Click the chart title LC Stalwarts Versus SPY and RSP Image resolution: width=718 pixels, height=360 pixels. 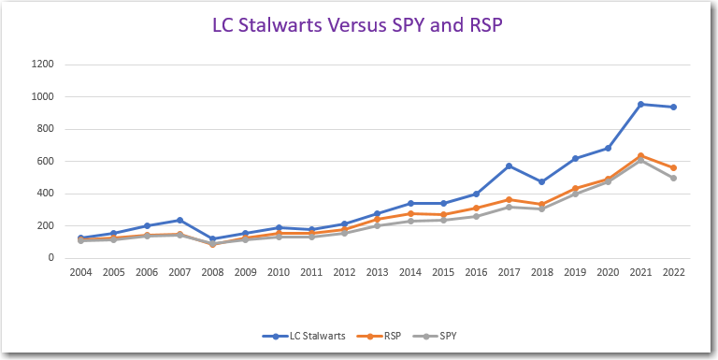358,25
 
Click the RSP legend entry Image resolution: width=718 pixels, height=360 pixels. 385,334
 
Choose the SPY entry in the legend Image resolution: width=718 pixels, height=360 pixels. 443,334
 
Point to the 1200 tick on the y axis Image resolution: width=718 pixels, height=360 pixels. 42,65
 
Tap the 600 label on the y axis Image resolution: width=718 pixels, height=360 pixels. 45,162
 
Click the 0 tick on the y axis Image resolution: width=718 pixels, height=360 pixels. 50,258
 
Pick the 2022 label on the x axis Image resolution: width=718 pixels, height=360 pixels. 672,273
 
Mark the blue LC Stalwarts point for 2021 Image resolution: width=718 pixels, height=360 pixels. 640,104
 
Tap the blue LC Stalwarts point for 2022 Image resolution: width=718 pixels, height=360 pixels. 673,107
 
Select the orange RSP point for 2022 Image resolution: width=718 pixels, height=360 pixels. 673,167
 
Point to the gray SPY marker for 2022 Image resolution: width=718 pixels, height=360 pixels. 673,178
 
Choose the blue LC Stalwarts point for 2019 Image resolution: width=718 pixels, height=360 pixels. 575,158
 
